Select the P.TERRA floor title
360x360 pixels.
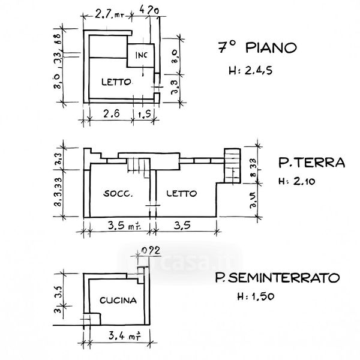point(311,162)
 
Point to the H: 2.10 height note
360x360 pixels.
point(300,181)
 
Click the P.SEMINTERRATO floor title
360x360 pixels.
point(277,277)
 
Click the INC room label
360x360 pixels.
point(142,56)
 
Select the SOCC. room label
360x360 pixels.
point(118,194)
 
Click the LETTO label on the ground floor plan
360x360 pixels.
point(182,194)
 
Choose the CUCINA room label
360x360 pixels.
point(118,301)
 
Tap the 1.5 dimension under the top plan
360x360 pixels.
point(144,114)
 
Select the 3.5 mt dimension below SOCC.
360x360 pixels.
point(124,226)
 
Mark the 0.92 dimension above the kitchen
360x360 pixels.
point(147,251)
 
